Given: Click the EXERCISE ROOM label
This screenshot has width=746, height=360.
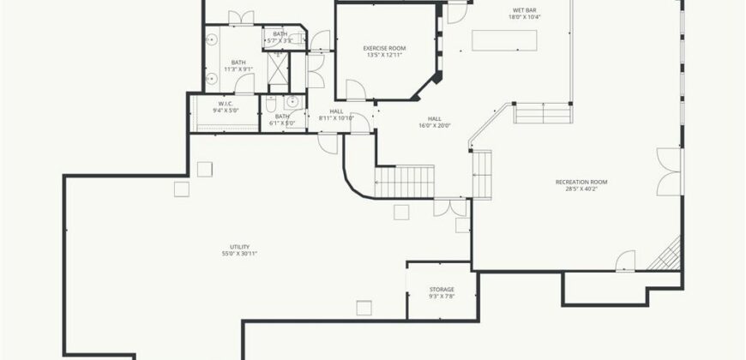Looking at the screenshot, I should (384, 48).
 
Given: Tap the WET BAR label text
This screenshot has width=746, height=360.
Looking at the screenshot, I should (525, 9).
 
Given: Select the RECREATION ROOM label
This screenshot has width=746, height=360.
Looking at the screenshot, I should (581, 182).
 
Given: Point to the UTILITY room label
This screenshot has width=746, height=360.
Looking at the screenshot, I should (239, 247).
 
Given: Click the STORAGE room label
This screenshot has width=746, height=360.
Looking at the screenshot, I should (442, 290).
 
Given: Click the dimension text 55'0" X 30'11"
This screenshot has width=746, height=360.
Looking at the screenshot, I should (239, 254).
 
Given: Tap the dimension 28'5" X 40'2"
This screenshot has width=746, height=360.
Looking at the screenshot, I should (581, 189).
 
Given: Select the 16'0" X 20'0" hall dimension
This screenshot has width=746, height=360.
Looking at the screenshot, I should (435, 125).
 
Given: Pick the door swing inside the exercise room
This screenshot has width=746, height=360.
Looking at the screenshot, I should (355, 89).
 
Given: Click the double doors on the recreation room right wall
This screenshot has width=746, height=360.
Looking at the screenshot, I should (669, 171).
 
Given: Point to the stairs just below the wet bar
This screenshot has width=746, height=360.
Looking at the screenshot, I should (543, 113).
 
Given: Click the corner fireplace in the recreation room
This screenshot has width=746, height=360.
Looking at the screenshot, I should (666, 255).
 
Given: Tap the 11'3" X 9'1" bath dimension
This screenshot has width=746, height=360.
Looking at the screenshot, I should (238, 69).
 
